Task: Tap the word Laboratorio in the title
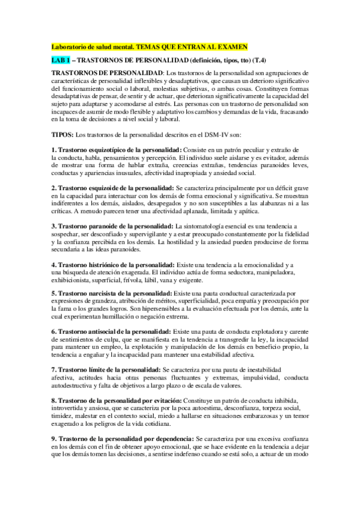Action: [70, 46]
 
